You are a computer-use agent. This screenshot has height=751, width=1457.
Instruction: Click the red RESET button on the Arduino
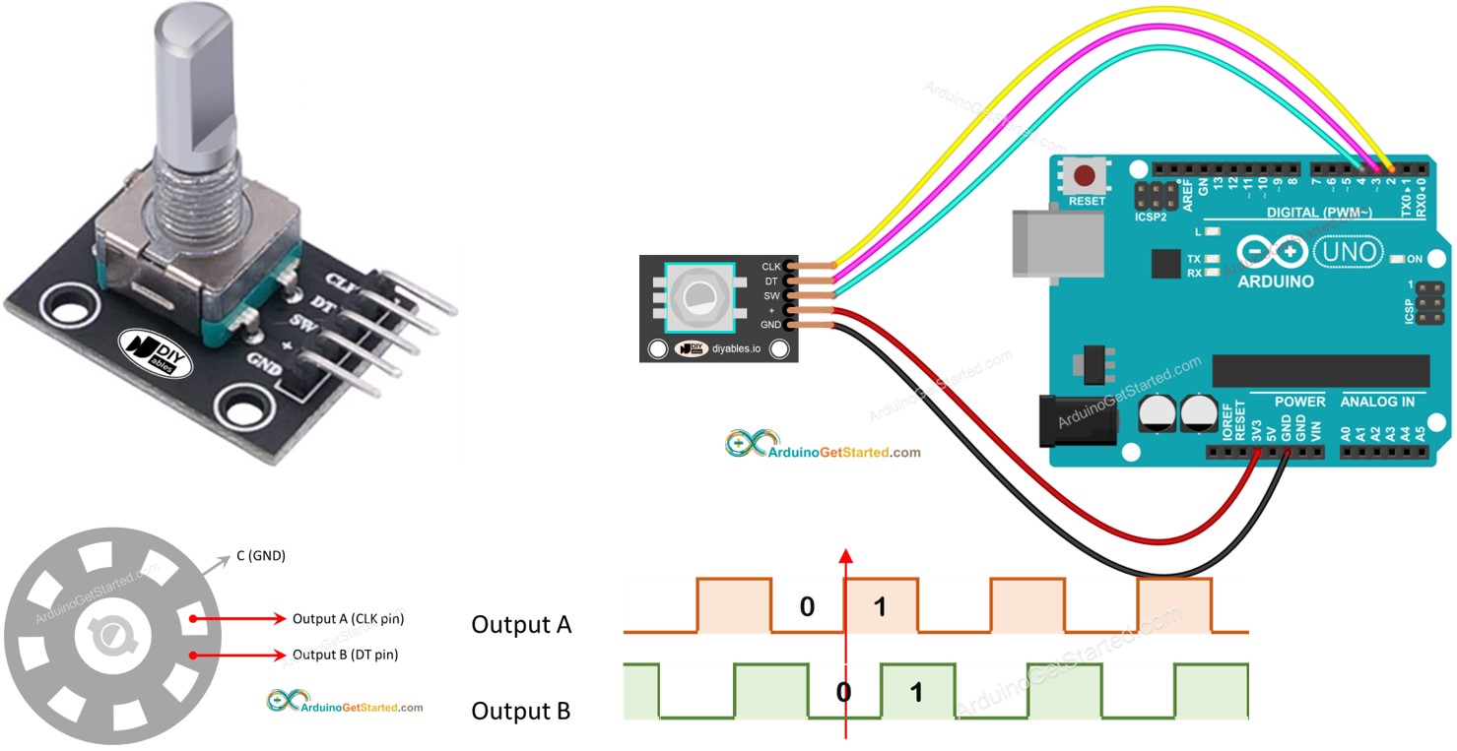click(1085, 178)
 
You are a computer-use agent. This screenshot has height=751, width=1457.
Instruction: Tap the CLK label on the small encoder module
click(770, 266)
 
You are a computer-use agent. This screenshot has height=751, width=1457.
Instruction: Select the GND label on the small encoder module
click(769, 324)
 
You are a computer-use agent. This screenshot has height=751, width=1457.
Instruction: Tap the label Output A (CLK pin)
click(348, 619)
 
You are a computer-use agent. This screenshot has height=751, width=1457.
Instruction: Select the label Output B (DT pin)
click(345, 655)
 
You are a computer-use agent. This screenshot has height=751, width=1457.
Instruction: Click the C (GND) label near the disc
click(260, 556)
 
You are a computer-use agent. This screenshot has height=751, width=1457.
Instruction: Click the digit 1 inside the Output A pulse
click(880, 607)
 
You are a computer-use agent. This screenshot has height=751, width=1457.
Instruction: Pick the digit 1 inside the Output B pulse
click(915, 692)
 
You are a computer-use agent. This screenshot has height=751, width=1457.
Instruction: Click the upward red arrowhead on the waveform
click(844, 555)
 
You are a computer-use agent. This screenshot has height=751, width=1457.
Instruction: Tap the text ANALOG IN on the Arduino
click(1376, 402)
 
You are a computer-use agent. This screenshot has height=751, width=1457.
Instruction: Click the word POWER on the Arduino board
click(1299, 402)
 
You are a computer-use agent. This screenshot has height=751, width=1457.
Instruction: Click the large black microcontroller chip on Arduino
click(1320, 370)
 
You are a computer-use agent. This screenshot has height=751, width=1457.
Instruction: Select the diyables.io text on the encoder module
click(737, 349)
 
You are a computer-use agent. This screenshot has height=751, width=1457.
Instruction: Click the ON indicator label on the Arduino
click(1416, 259)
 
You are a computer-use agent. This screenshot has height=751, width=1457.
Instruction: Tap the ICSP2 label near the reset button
click(1150, 216)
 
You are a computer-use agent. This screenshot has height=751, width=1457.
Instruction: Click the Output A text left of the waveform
click(521, 625)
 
